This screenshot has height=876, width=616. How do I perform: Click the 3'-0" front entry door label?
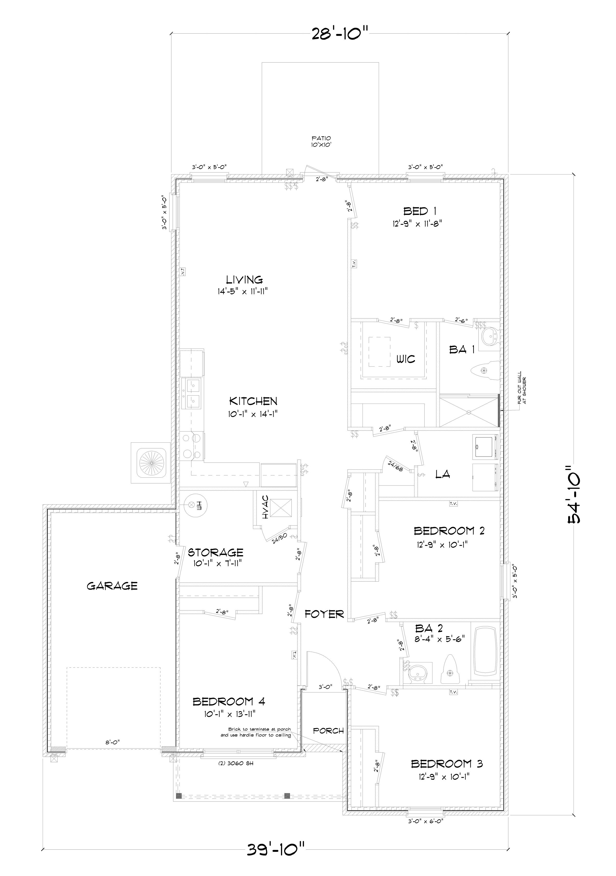[x=325, y=686]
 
